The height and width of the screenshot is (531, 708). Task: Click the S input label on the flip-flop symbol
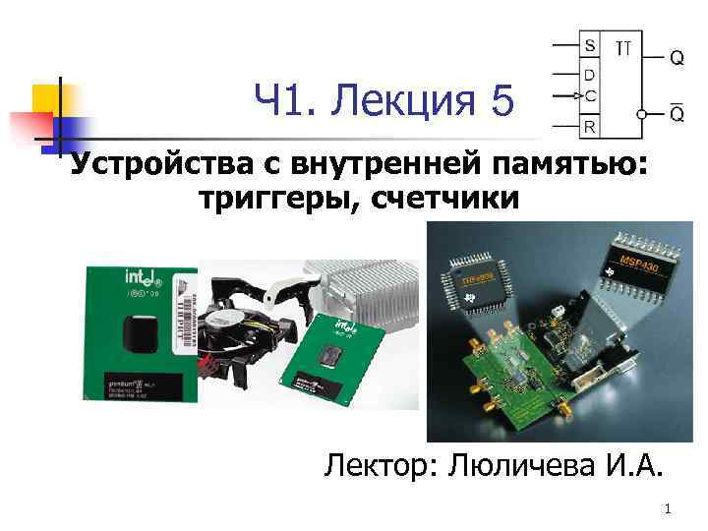(589, 46)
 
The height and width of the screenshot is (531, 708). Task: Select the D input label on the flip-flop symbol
(589, 74)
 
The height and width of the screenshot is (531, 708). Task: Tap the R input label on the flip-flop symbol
(589, 126)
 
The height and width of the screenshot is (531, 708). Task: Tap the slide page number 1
(668, 508)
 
